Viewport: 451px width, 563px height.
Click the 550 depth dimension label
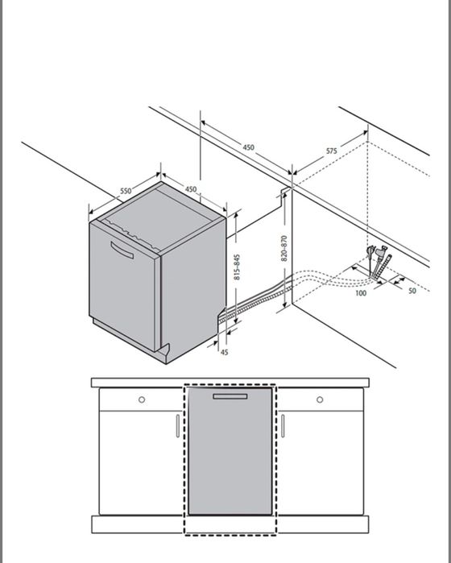click(126, 190)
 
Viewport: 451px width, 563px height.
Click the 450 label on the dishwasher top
click(191, 188)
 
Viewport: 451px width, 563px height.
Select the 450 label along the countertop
click(249, 147)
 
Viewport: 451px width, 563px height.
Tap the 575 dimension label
click(332, 151)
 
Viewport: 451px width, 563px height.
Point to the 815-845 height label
click(237, 267)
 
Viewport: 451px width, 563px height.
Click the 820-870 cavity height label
click(284, 248)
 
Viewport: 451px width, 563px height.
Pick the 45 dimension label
click(224, 352)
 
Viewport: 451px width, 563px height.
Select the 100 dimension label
click(361, 293)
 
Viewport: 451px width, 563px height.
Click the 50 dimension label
click(412, 291)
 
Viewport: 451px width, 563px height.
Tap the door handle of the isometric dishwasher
click(122, 250)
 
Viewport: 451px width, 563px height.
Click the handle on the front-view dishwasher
click(230, 396)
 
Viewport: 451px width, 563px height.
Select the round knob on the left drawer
click(142, 399)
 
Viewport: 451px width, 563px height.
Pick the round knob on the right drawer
click(320, 399)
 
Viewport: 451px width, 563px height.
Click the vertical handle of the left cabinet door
click(178, 426)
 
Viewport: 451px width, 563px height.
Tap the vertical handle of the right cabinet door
click(283, 426)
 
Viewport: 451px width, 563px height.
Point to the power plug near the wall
click(370, 251)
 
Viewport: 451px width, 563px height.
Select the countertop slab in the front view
click(230, 383)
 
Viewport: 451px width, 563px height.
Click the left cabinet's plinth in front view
click(138, 524)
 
